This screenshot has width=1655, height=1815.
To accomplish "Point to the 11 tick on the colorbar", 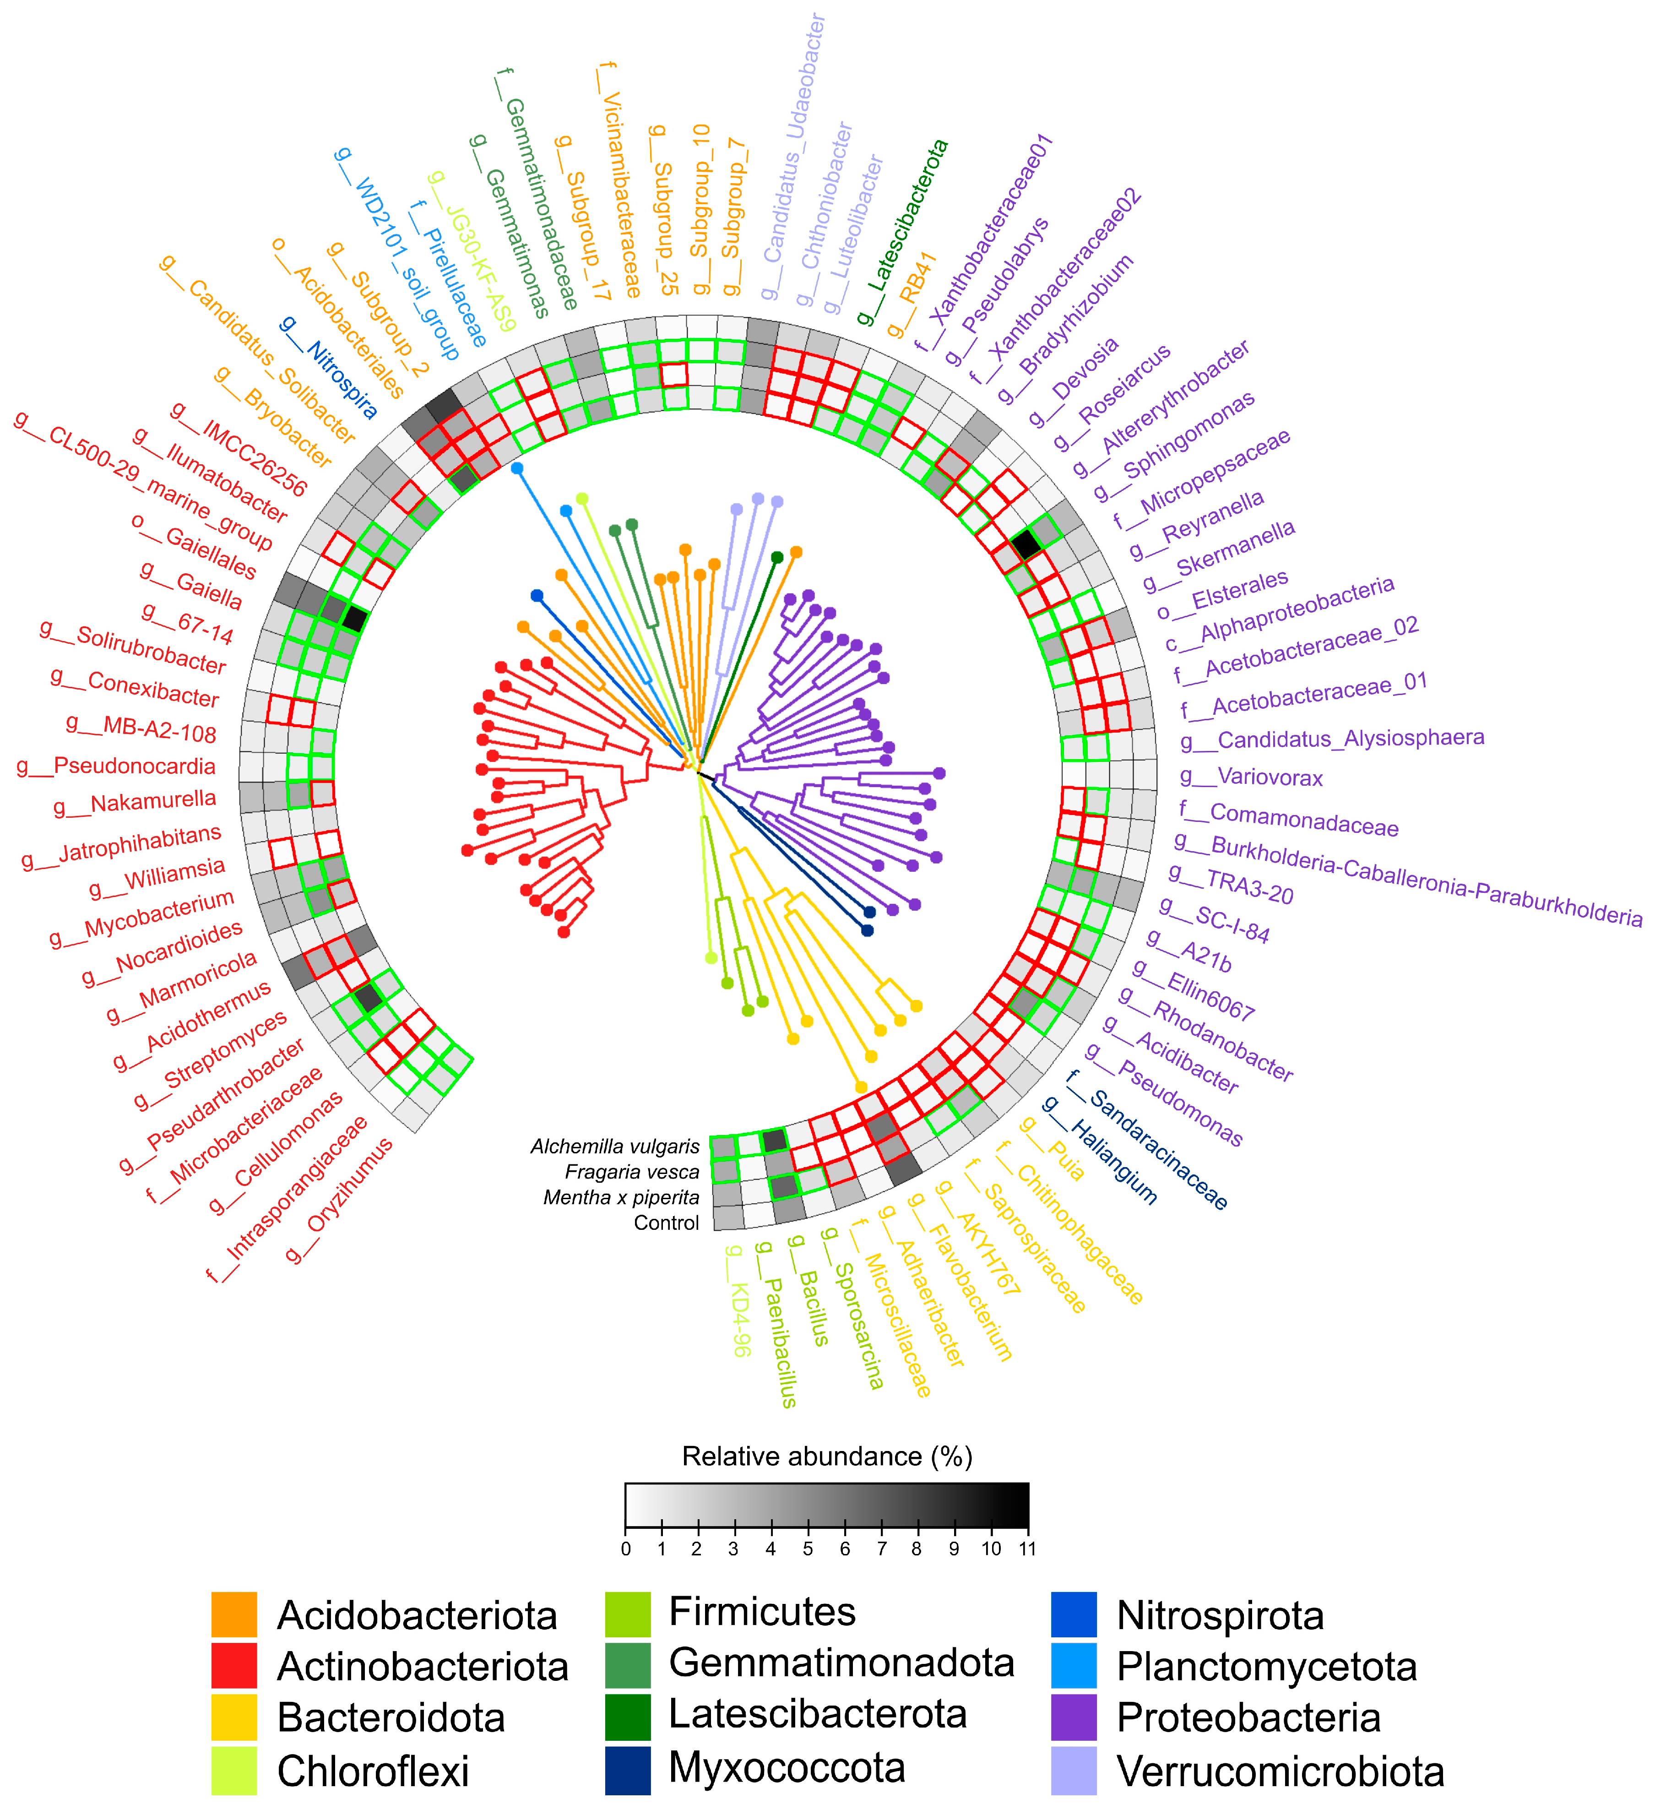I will click(x=1027, y=1549).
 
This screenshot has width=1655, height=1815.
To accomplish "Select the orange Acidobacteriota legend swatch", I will click(x=234, y=1615).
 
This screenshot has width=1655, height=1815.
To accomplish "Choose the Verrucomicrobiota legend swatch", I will click(x=1074, y=1770).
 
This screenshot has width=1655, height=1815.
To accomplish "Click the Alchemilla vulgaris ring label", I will click(x=615, y=1146).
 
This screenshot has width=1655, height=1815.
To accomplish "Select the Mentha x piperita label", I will click(x=621, y=1197).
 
